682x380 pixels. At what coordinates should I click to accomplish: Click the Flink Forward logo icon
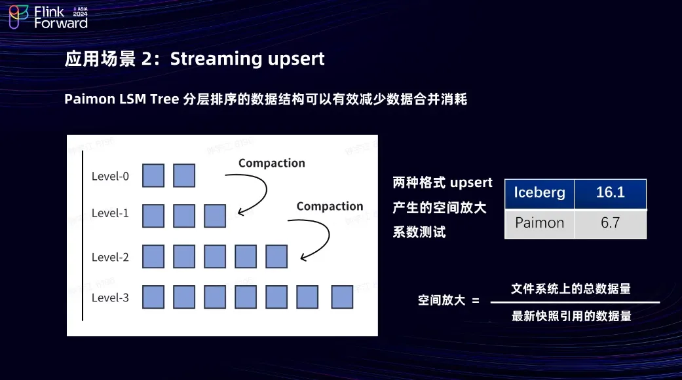19,17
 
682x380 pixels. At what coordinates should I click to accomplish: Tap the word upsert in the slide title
296,60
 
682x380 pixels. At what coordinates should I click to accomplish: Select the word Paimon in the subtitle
90,99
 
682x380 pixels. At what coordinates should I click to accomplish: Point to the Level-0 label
110,176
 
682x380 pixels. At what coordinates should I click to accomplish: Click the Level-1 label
110,213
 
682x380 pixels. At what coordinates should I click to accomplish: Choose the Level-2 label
110,257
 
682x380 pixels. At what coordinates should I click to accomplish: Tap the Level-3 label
110,298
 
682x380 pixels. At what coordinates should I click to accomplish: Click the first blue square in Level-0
153,175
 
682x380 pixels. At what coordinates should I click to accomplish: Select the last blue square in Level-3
342,297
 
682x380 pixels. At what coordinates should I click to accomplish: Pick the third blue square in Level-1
215,216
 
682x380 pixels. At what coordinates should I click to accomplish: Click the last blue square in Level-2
276,256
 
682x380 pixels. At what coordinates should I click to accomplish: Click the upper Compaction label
272,163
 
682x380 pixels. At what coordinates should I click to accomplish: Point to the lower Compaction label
330,206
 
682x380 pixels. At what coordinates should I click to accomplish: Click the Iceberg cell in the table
539,194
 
